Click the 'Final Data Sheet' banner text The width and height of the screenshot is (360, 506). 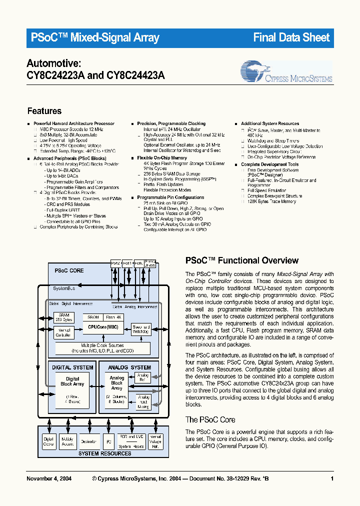click(291, 37)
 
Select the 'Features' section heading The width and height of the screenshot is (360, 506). click(44, 111)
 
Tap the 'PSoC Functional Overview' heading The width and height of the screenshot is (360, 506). click(241, 260)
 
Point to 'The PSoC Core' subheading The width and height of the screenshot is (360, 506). click(210, 419)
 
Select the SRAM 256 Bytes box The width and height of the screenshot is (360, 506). click(63, 317)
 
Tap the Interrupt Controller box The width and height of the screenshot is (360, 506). click(63, 332)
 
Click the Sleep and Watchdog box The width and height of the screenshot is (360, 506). click(140, 328)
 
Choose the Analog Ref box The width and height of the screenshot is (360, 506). click(143, 377)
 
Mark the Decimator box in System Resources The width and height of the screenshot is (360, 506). click(89, 441)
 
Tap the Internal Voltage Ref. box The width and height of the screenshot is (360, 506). click(155, 441)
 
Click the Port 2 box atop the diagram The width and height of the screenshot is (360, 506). click(115, 262)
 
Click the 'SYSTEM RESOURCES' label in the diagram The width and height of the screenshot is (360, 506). click(105, 453)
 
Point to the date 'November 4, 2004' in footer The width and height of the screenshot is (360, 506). click(48, 479)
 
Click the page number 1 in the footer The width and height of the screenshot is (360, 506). click(332, 479)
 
